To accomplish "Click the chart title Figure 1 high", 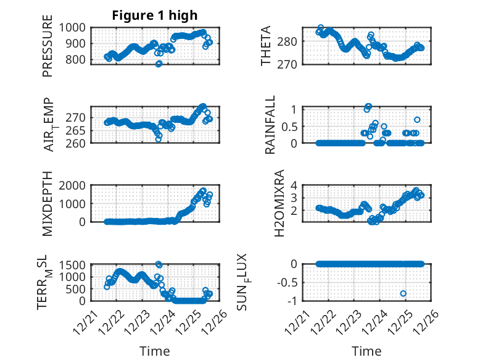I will (x=155, y=15).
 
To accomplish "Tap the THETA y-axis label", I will (x=266, y=46).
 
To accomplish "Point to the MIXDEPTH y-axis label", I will (x=48, y=204).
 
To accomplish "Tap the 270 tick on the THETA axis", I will (x=291, y=64).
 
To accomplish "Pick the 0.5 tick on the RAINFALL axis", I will (x=290, y=126).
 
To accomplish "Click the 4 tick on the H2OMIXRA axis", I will (x=295, y=185).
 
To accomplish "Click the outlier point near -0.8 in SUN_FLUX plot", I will (x=403, y=293).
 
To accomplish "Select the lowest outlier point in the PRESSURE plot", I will (x=159, y=64).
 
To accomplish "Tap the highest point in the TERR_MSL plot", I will (x=159, y=264).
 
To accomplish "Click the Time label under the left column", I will (x=155, y=351).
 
